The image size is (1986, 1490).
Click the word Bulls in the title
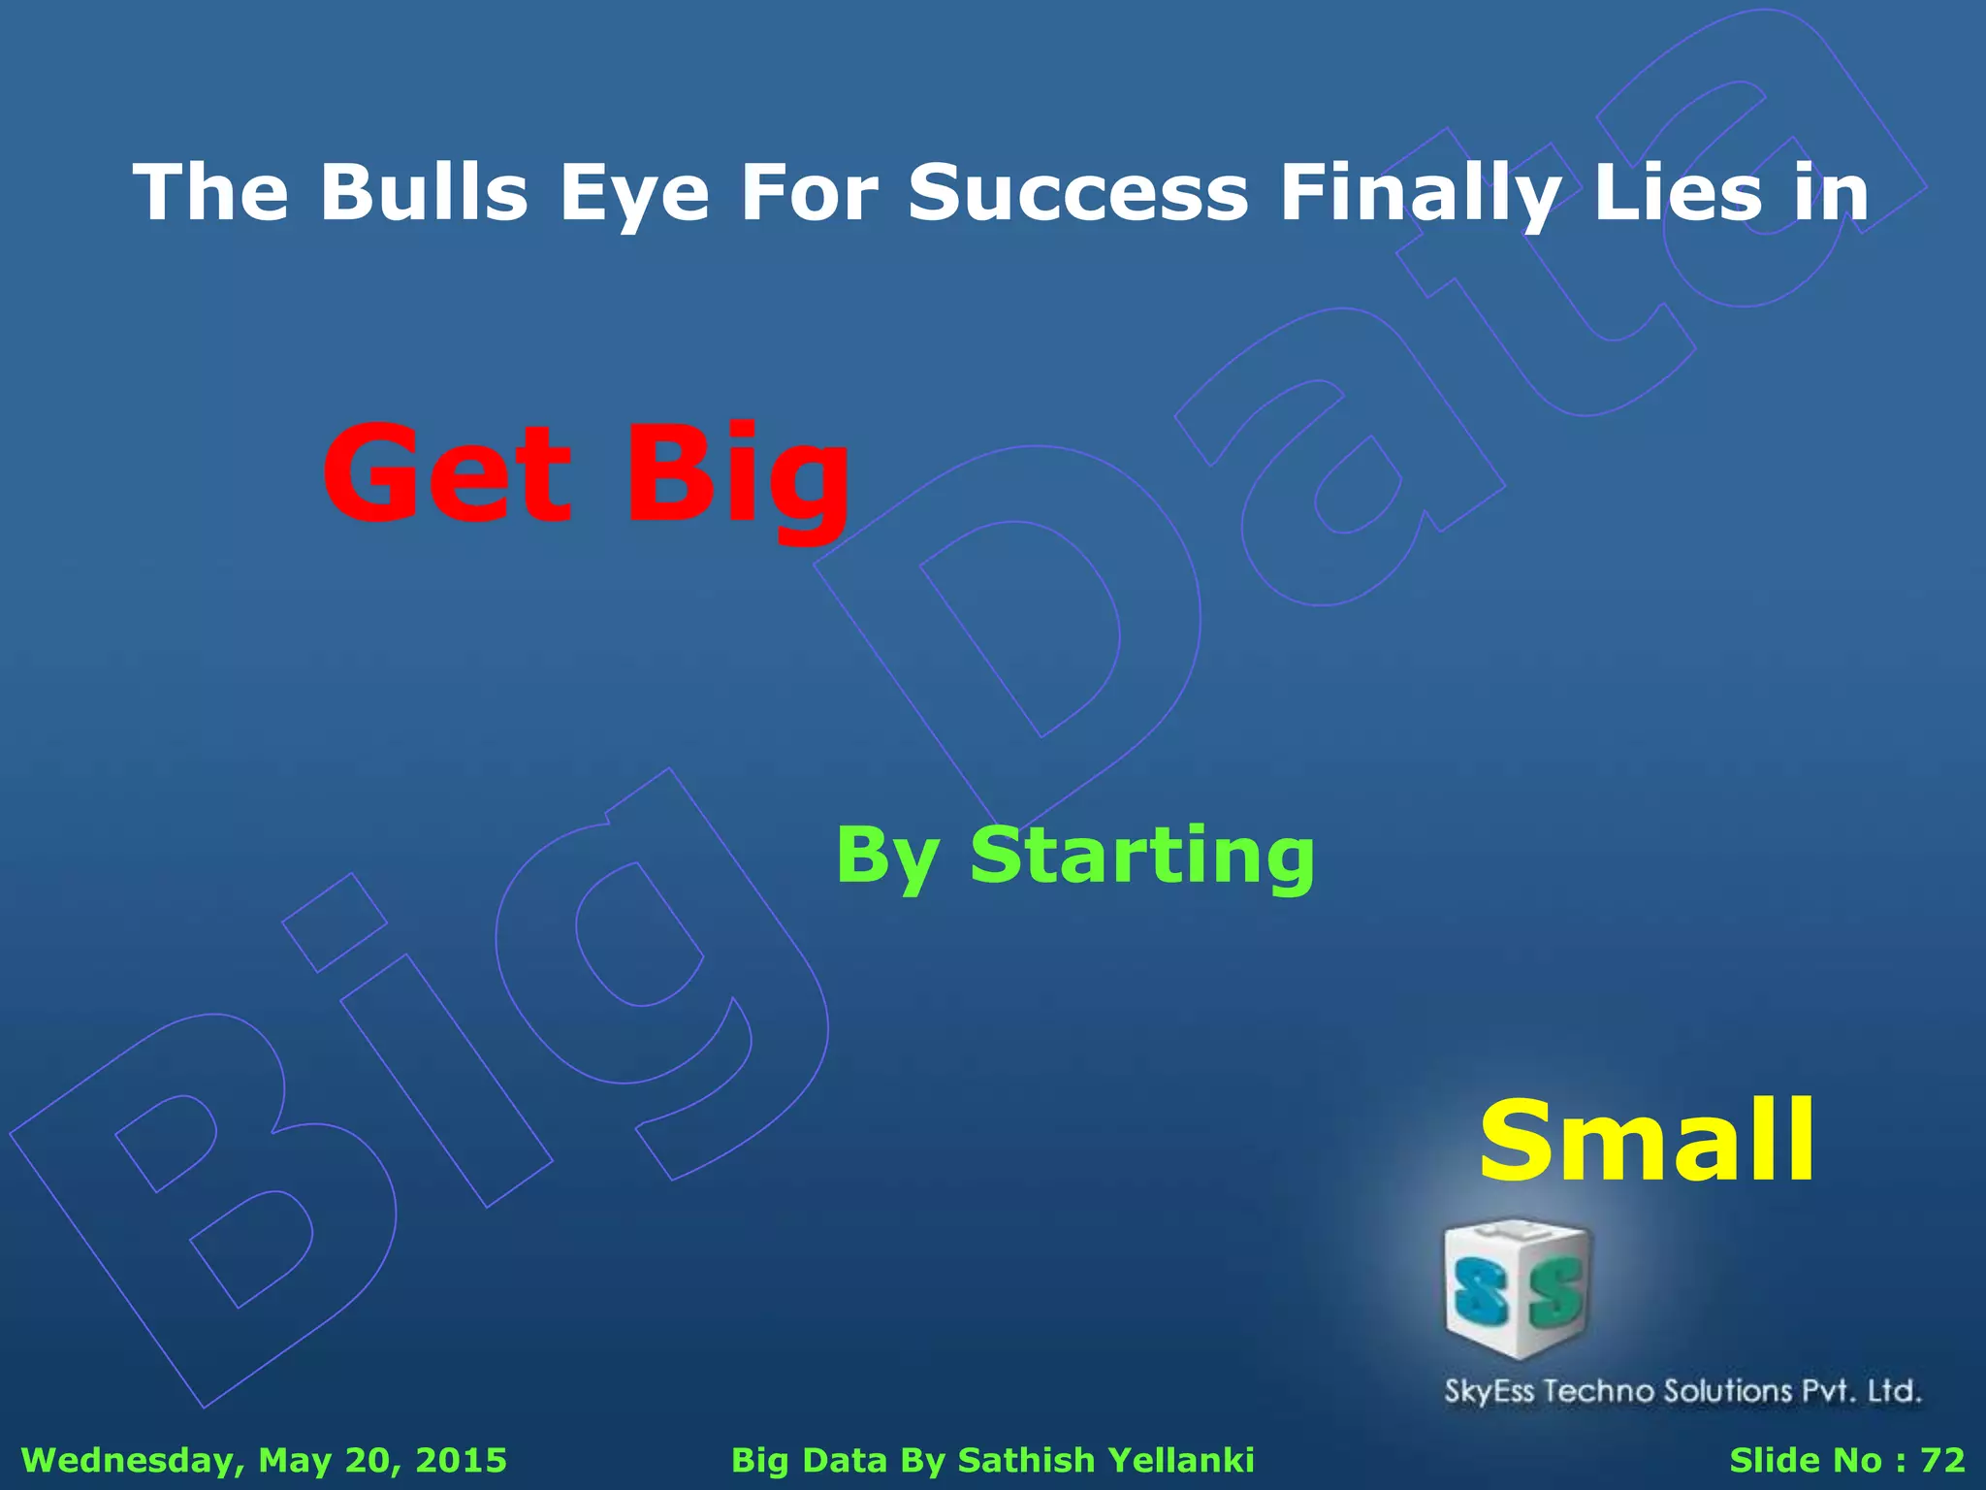[424, 191]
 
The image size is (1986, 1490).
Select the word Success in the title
[1077, 191]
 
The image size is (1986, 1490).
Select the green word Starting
[1142, 857]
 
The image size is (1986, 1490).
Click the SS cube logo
[1518, 1289]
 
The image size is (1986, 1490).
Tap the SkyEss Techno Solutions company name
[1682, 1391]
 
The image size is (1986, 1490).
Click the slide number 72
[1942, 1460]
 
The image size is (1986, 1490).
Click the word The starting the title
[210, 191]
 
